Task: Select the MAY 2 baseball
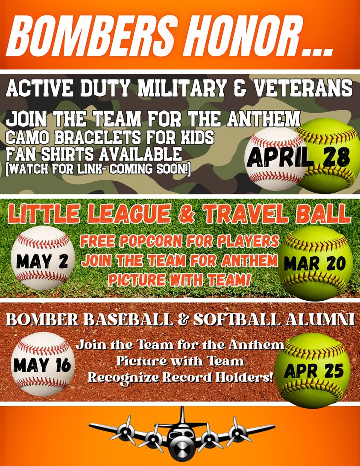41,260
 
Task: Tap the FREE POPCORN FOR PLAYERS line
179,242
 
